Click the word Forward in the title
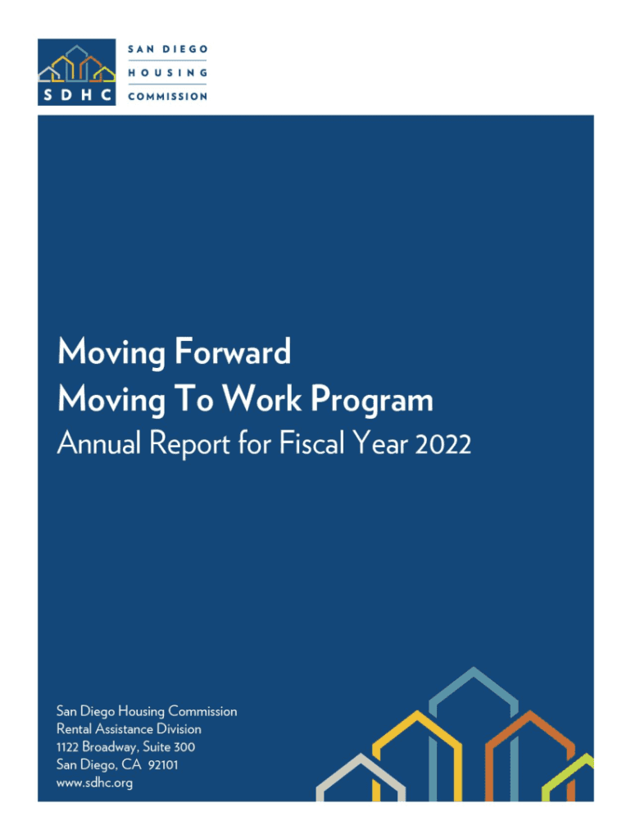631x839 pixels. [x=233, y=351]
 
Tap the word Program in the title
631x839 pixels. [x=372, y=400]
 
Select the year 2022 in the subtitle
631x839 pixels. [x=443, y=444]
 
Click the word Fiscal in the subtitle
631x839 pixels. [x=311, y=443]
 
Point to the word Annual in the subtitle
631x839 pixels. [x=99, y=443]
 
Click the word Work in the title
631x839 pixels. [x=261, y=399]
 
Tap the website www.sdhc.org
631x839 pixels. [x=94, y=782]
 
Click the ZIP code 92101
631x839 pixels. [x=163, y=765]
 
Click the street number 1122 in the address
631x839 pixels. [x=67, y=747]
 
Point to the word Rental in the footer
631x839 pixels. [x=74, y=728]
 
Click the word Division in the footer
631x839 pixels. [x=179, y=728]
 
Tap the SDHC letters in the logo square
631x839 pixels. [x=77, y=95]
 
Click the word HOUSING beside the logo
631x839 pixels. [x=167, y=73]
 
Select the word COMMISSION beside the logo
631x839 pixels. [x=167, y=97]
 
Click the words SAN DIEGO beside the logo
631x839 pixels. [x=167, y=49]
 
